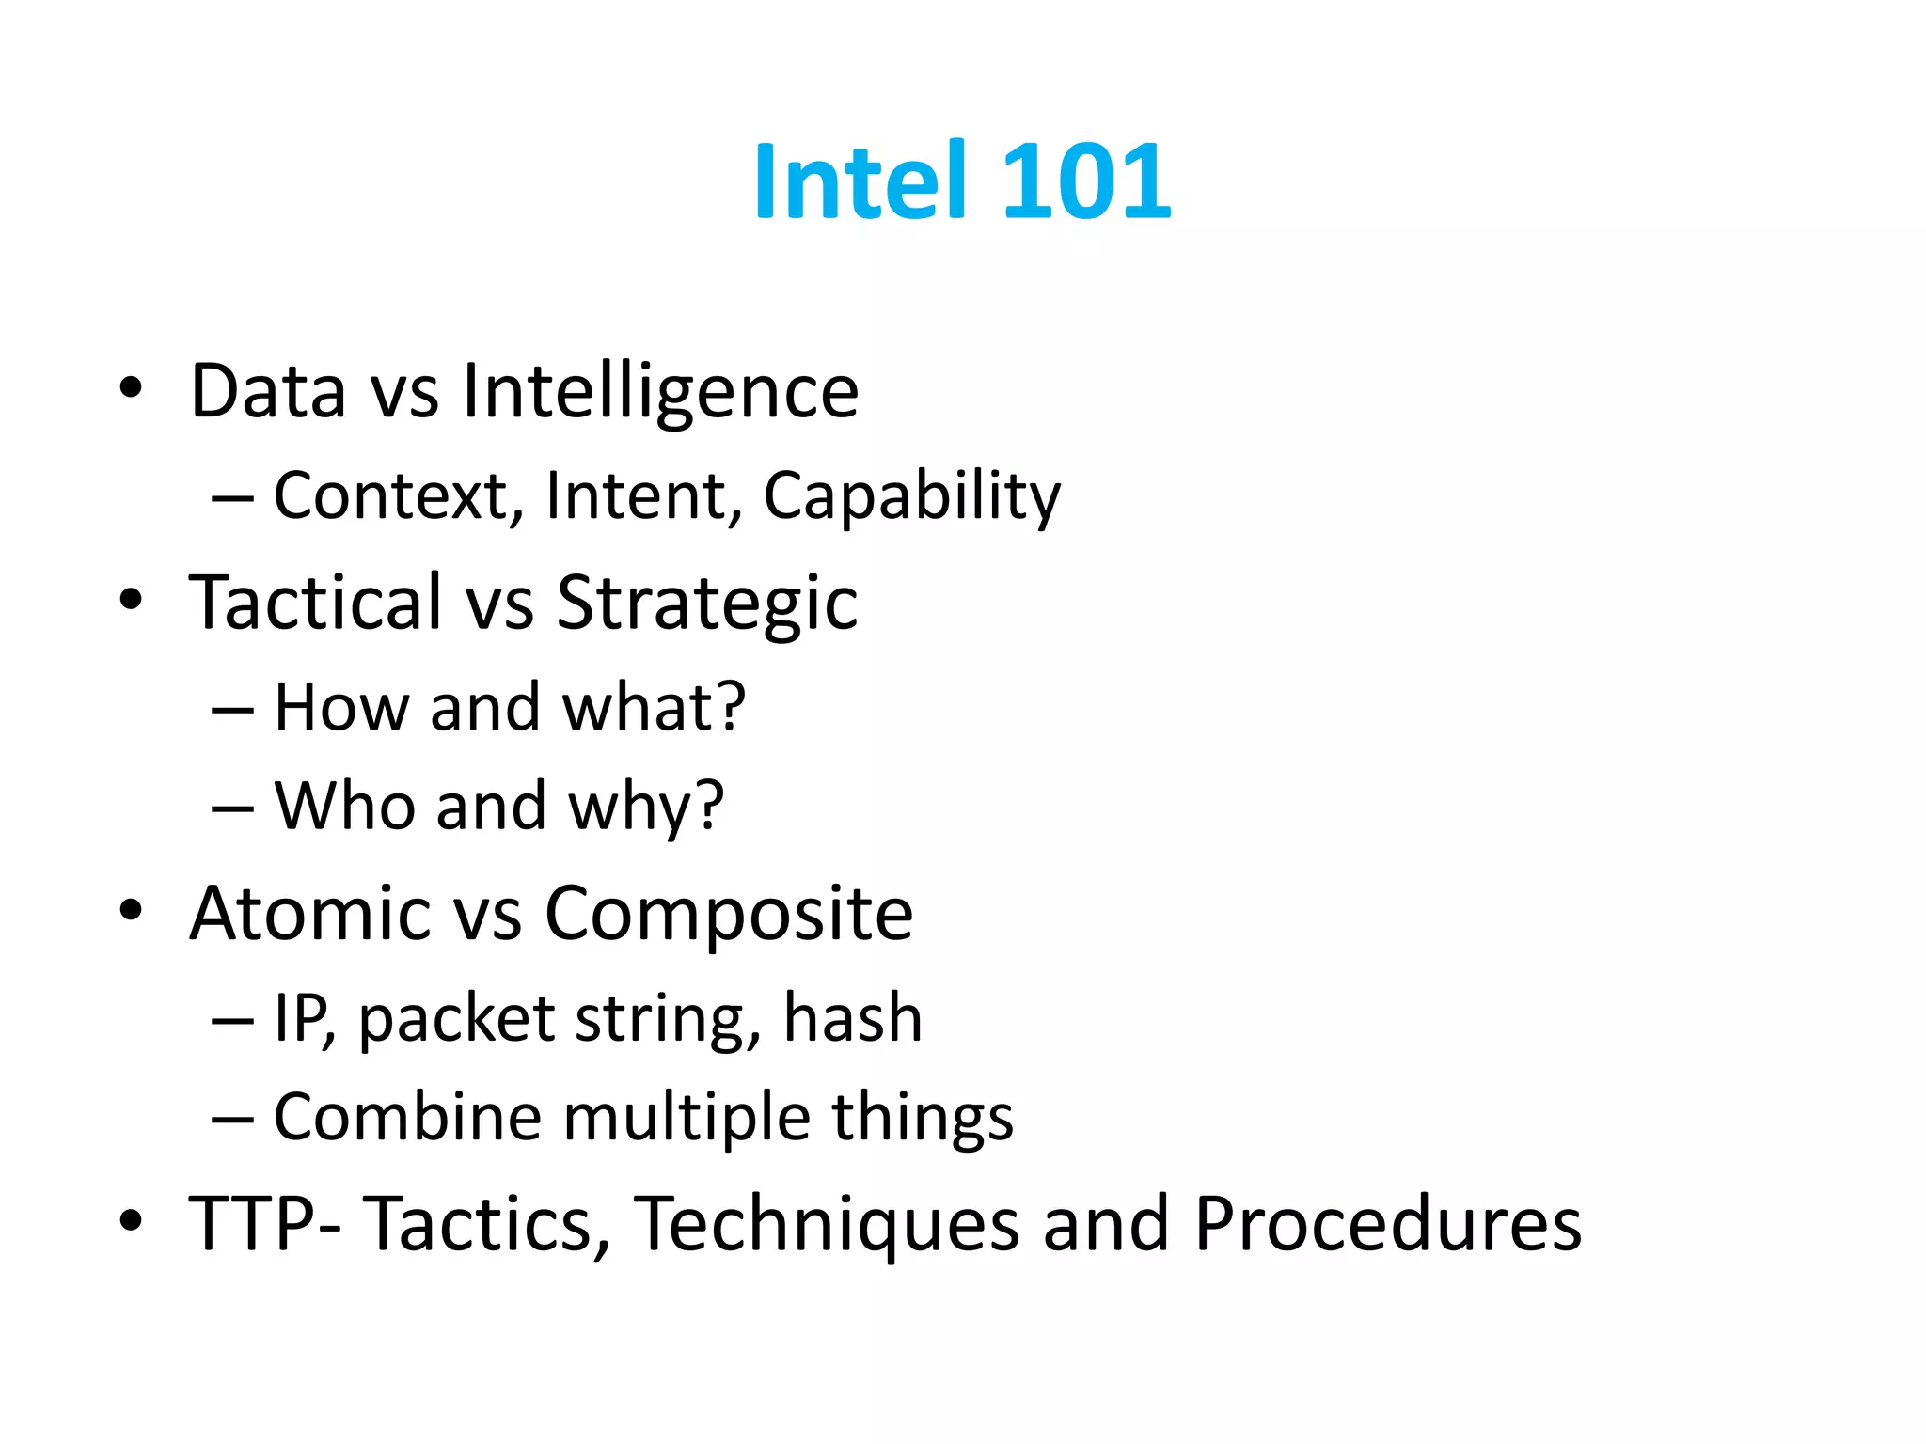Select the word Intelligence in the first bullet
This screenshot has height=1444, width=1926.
tap(660, 392)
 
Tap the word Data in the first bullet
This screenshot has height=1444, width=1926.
tap(268, 392)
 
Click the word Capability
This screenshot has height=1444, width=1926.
tap(911, 497)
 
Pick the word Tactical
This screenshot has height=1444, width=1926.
tap(315, 602)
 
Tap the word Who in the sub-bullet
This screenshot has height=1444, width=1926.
tap(343, 806)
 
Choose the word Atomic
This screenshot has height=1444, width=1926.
tap(308, 913)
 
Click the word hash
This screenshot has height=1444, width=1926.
tap(853, 1018)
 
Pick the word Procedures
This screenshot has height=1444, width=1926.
tap(1388, 1224)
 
